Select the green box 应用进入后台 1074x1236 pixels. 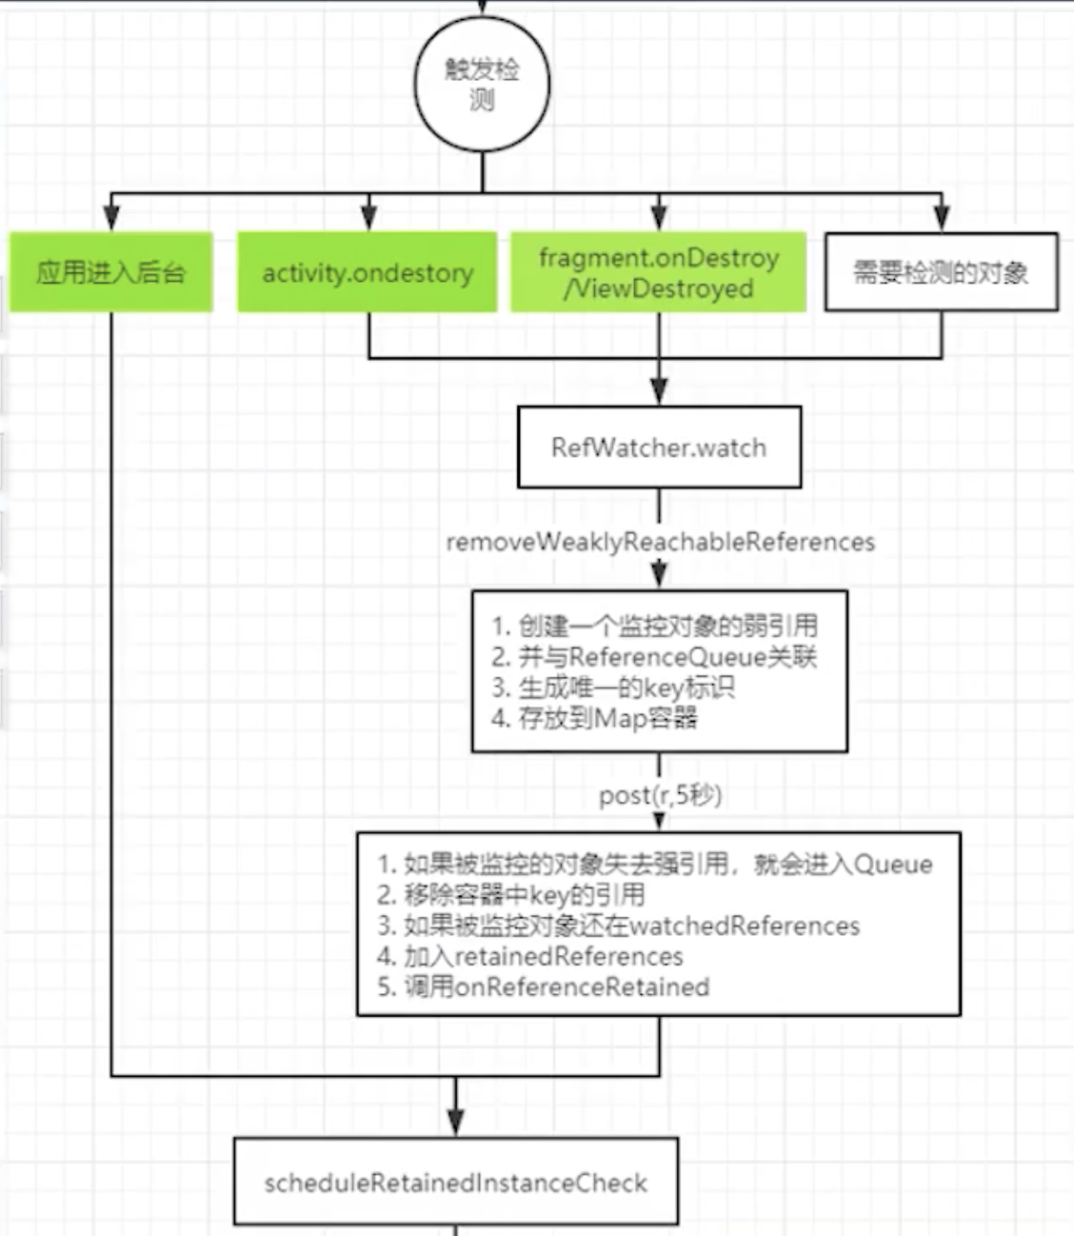[111, 271]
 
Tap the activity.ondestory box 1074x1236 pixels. [368, 271]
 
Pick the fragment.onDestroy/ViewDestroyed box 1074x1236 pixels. [659, 271]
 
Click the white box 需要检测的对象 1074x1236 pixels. [942, 271]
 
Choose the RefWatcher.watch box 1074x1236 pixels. [660, 447]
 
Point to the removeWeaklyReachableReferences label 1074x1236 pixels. [660, 542]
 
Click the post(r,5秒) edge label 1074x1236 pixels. [660, 795]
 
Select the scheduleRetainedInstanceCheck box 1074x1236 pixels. [456, 1183]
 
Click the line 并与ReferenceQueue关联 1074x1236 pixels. [654, 657]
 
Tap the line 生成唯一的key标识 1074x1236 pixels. [613, 688]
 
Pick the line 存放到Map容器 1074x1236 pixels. [595, 718]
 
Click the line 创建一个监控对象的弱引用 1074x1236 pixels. [655, 626]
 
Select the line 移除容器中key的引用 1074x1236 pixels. [511, 895]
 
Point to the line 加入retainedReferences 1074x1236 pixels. [529, 956]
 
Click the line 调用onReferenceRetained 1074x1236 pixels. [543, 987]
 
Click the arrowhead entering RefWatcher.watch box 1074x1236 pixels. [660, 391]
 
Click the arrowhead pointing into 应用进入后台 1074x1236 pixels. [111, 217]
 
